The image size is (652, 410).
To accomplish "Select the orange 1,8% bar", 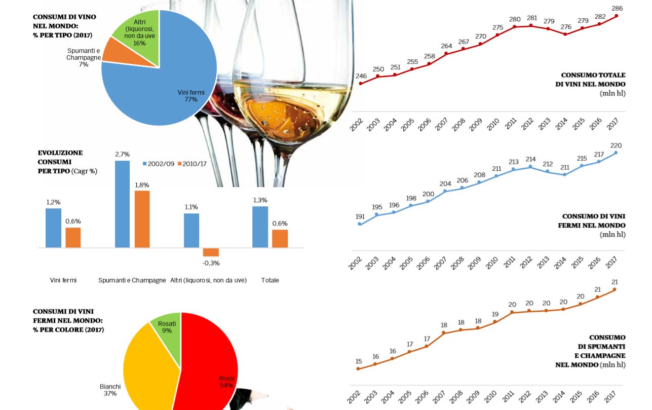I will tap(142, 219).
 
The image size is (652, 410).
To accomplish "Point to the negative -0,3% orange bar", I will tap(211, 252).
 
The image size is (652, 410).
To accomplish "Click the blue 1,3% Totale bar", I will tap(260, 227).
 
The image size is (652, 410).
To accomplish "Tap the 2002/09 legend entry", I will tap(159, 164).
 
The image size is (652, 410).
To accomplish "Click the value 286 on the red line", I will tap(617, 9).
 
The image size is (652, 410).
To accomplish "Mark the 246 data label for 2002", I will tap(361, 76).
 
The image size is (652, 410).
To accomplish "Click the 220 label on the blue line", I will tap(616, 145).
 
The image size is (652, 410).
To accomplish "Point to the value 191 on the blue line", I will tap(360, 217).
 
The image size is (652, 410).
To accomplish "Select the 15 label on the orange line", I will tap(359, 361).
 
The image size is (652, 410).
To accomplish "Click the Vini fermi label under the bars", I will tap(63, 280).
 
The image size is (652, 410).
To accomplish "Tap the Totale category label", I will tap(270, 280).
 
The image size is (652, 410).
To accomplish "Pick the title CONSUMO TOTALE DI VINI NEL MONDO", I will tap(593, 80).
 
